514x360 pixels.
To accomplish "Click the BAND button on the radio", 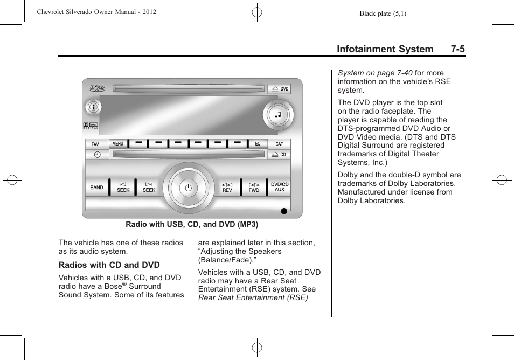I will point(96,188).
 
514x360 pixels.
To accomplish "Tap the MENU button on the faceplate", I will point(118,144).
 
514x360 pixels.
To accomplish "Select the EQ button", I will point(258,144).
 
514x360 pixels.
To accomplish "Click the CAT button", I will point(279,144).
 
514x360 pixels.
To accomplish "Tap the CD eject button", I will point(279,155).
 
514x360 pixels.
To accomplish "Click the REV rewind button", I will point(227,188).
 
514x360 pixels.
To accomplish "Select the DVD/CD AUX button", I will point(280,187).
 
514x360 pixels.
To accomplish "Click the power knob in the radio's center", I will point(188,188).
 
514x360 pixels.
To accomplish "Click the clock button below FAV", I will point(97,155).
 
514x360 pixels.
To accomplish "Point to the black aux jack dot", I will point(284,211).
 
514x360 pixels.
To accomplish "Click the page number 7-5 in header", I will point(458,49).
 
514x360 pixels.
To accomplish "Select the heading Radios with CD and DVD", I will point(109,265).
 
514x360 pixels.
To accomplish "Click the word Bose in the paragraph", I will point(112,287).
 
